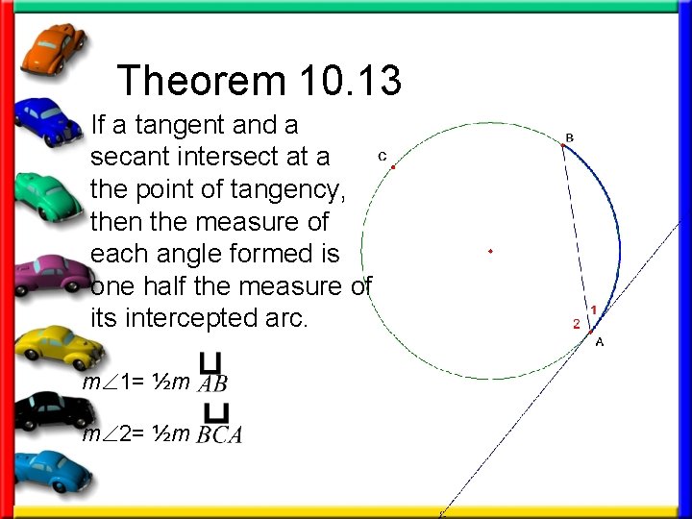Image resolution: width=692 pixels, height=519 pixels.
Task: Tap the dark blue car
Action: pyautogui.click(x=50, y=121)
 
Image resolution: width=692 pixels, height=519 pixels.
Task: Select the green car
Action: pyautogui.click(x=51, y=192)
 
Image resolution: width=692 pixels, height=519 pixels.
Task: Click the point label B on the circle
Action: pyautogui.click(x=570, y=137)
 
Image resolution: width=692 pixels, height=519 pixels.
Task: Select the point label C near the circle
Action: pyautogui.click(x=382, y=156)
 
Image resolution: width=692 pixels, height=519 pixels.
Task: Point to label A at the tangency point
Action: pyautogui.click(x=599, y=341)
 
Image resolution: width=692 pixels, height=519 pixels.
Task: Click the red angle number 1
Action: pyautogui.click(x=594, y=309)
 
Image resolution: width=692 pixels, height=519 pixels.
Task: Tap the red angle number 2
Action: pyautogui.click(x=577, y=324)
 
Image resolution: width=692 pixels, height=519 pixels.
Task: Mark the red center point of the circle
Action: pyautogui.click(x=490, y=252)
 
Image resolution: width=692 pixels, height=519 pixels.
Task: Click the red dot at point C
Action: pyautogui.click(x=393, y=167)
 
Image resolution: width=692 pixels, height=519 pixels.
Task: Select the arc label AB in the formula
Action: pyautogui.click(x=211, y=383)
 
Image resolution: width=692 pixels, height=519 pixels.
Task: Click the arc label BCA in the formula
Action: pyautogui.click(x=219, y=434)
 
